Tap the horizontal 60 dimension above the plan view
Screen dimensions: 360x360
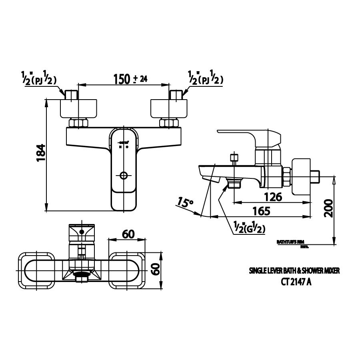click(x=128, y=234)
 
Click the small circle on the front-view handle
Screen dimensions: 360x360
click(x=124, y=175)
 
